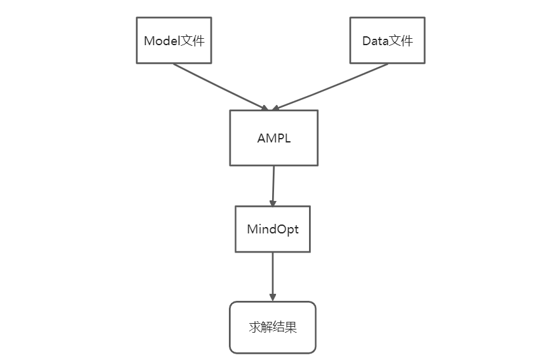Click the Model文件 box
tap(174, 41)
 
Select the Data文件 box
tap(387, 41)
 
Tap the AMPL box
tap(273, 138)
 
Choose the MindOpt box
tap(272, 229)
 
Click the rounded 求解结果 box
tap(272, 328)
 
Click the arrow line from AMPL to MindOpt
tap(273, 184)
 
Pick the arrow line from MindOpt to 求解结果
tap(272, 273)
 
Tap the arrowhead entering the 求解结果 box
tap(272, 297)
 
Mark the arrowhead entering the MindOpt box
tap(272, 202)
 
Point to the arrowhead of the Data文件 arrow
tap(277, 107)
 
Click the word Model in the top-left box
tap(161, 41)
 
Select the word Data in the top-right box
tap(375, 41)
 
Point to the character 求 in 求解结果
tap(254, 328)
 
